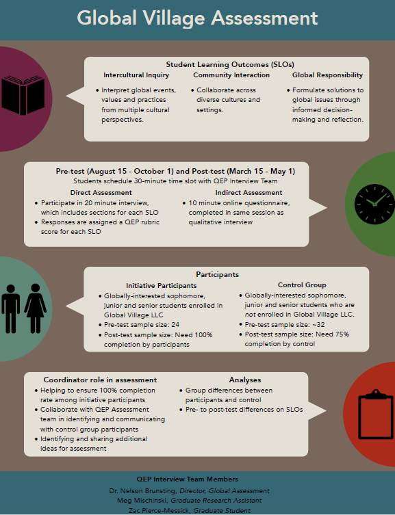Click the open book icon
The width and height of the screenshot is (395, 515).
[x=23, y=95]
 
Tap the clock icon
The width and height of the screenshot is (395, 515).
[x=374, y=204]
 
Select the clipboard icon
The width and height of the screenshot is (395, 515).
[x=376, y=414]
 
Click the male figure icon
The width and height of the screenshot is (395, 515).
[x=10, y=308]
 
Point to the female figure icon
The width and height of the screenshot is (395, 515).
[x=35, y=308]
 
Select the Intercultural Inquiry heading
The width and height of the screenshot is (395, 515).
[x=136, y=75]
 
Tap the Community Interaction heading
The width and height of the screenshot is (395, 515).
[x=231, y=75]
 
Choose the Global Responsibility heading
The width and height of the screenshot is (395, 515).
[x=327, y=75]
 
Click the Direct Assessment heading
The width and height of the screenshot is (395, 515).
[x=101, y=192]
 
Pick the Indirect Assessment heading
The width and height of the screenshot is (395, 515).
[x=249, y=192]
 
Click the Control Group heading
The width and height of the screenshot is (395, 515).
[x=302, y=285]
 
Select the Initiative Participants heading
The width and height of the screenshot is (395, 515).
[x=162, y=285]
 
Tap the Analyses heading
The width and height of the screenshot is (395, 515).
[x=245, y=380]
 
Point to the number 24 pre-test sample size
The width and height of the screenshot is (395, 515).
[x=175, y=324]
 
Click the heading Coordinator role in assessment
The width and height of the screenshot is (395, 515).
[x=100, y=380]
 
